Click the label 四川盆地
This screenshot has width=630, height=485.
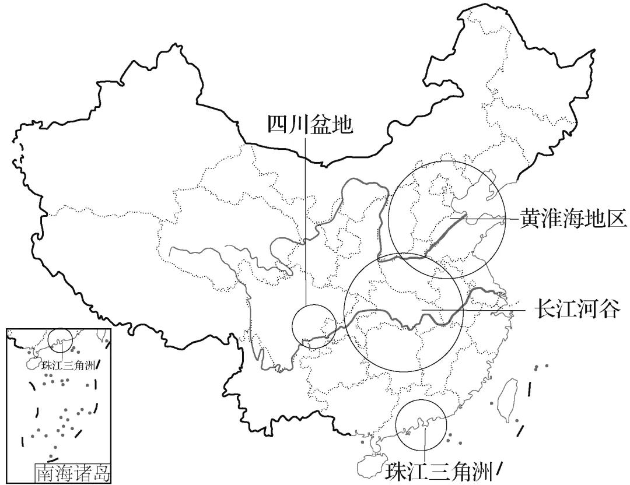pyautogui.click(x=310, y=124)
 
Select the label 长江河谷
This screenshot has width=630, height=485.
pyautogui.click(x=575, y=310)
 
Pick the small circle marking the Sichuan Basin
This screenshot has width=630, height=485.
pyautogui.click(x=314, y=326)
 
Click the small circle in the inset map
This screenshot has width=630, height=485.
pyautogui.click(x=61, y=339)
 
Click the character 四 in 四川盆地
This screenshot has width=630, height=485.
pyautogui.click(x=278, y=124)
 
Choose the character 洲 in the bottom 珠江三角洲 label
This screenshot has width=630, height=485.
pyautogui.click(x=484, y=470)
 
